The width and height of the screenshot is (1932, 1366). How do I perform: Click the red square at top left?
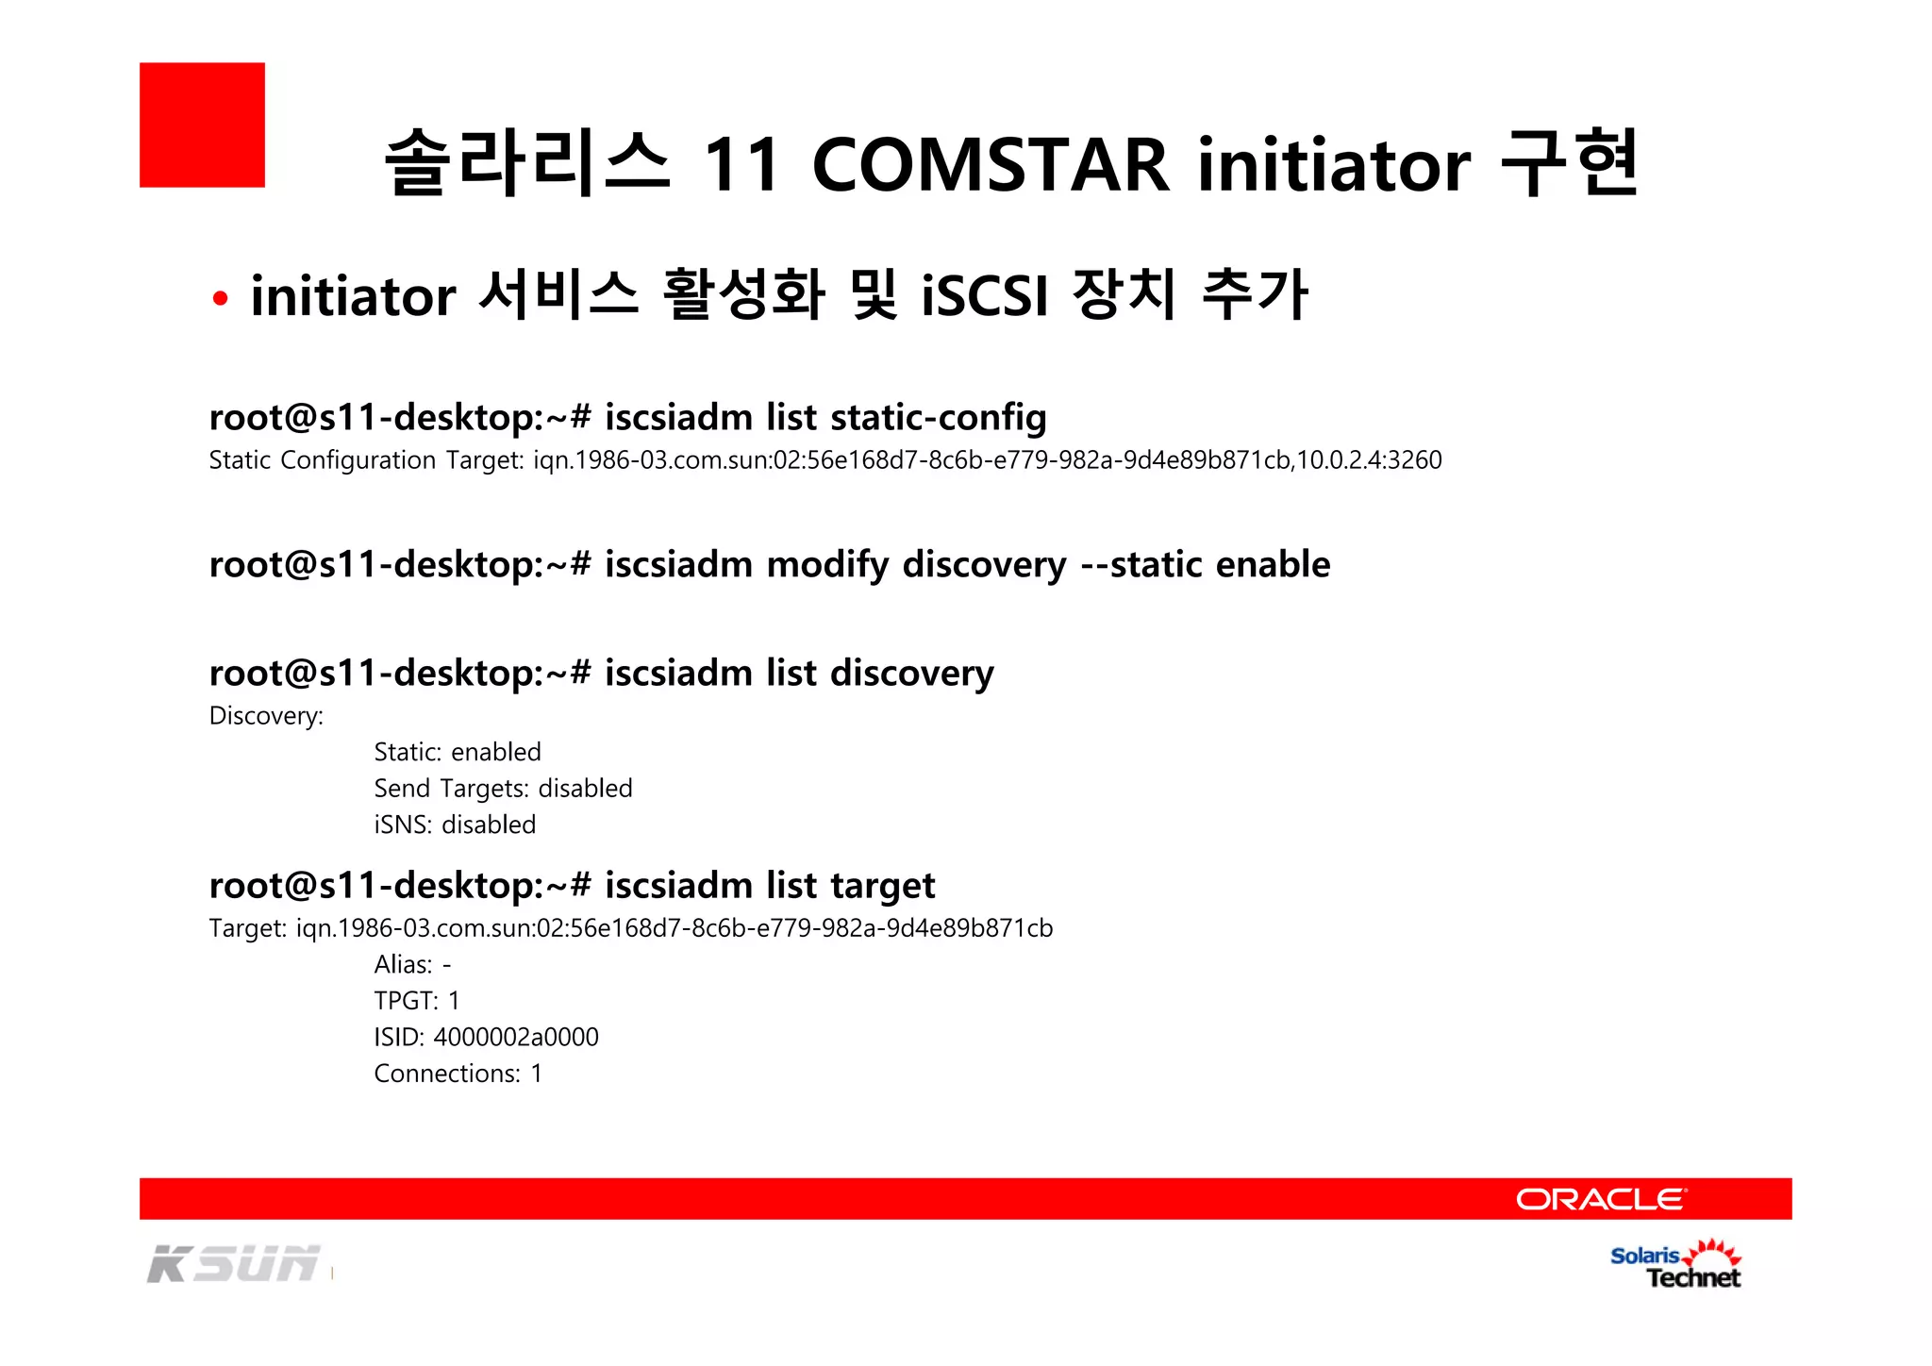(202, 125)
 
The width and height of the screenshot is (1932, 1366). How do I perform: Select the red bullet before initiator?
(221, 299)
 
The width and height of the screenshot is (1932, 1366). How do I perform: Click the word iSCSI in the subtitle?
(985, 295)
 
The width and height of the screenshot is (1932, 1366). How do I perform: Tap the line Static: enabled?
(458, 752)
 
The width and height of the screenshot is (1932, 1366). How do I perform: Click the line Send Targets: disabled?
(503, 789)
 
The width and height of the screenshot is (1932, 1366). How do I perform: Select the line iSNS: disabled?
(455, 825)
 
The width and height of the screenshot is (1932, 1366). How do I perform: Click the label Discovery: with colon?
(266, 716)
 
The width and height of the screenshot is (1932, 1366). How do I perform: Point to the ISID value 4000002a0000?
(515, 1037)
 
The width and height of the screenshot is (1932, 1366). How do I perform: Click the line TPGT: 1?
(416, 1001)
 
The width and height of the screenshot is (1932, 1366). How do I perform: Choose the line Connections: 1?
(458, 1074)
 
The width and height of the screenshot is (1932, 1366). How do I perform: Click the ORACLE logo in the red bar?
(1601, 1199)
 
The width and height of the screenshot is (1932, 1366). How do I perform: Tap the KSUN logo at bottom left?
(234, 1264)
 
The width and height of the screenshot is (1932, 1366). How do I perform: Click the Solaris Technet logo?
(1675, 1265)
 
